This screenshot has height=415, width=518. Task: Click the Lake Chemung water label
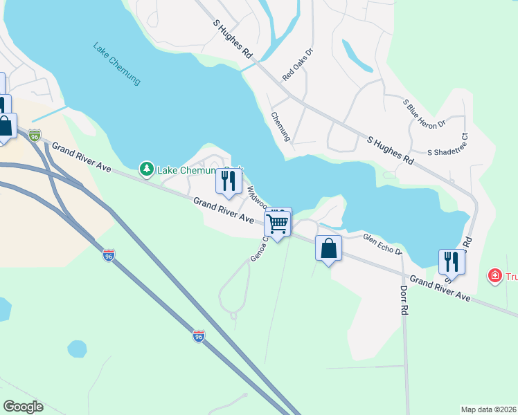coord(116,64)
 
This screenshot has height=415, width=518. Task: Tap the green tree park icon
coord(146,169)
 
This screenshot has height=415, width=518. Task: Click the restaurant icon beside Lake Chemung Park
coord(228,181)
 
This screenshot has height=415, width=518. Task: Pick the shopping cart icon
coord(277,223)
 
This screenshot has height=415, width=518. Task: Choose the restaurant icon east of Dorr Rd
coord(452,262)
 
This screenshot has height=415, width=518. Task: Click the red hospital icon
coord(495,277)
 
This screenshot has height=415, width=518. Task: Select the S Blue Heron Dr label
coord(425,113)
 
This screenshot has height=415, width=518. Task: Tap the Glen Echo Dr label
coord(382,243)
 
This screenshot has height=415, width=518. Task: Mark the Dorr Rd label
coord(404,300)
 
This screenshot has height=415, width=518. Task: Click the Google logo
coord(24,407)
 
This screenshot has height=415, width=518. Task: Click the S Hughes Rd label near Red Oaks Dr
coord(232,39)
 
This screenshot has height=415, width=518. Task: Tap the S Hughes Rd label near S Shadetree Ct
coord(390,149)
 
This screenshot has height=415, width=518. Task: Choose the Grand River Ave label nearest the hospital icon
coord(440,288)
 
